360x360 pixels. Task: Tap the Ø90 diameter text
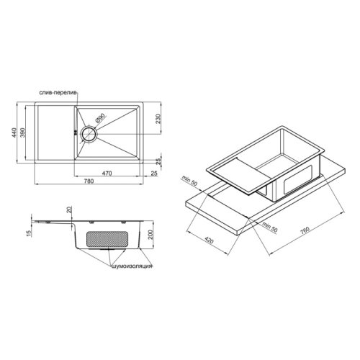[100, 116]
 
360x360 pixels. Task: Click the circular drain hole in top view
[90, 134]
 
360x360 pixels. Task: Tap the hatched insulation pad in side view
[108, 238]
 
